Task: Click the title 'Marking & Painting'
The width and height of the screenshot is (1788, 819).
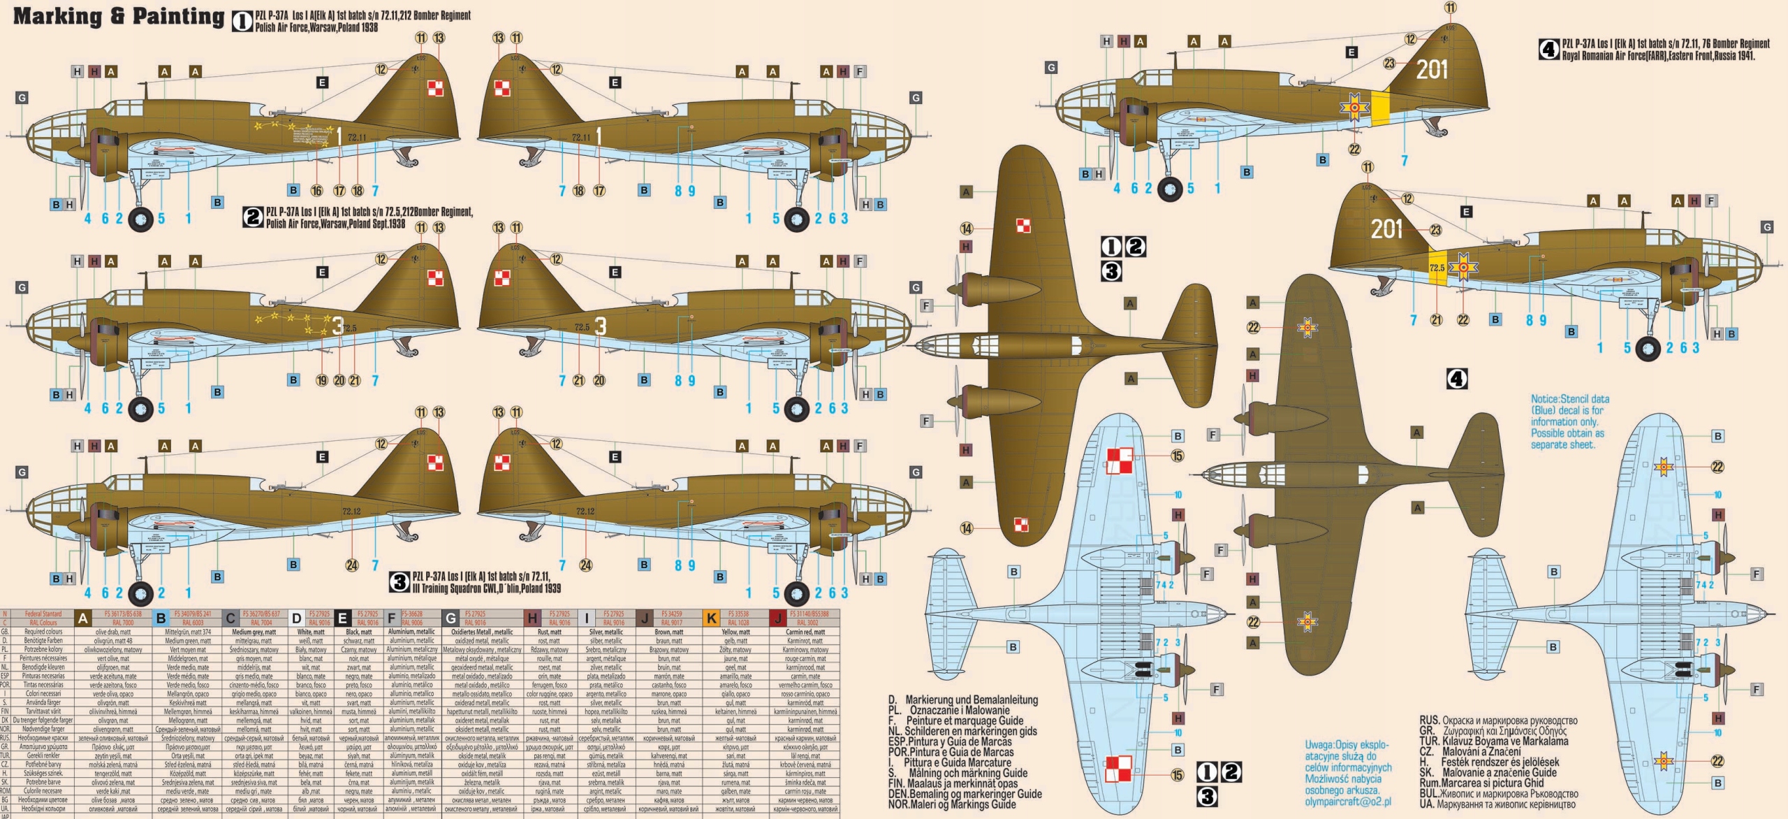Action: (119, 16)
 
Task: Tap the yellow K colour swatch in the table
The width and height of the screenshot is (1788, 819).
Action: (712, 618)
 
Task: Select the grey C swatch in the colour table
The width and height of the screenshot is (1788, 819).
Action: (230, 618)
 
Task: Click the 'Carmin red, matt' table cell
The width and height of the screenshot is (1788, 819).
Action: (805, 632)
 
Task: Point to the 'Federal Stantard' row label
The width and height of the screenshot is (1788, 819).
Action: (43, 614)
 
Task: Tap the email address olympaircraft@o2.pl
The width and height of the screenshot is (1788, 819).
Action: (1348, 802)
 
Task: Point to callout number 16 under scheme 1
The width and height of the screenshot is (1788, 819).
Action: (316, 191)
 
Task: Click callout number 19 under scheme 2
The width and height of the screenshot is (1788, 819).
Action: (321, 381)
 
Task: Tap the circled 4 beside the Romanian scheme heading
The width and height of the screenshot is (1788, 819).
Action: (1548, 50)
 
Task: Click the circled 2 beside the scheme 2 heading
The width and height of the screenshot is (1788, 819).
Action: (253, 217)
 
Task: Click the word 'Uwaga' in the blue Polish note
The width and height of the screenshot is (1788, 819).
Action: (1319, 745)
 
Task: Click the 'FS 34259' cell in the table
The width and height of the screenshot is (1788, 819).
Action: (671, 614)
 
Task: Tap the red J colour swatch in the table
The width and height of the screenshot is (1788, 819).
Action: (778, 618)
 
